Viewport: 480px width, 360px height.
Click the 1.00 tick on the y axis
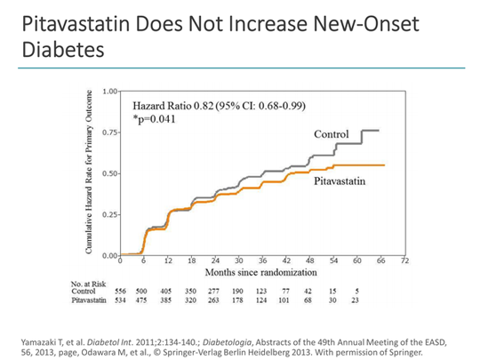pos(111,91)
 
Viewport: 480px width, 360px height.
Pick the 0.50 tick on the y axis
pos(111,173)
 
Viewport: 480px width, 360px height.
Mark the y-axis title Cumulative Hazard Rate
pos(92,173)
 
